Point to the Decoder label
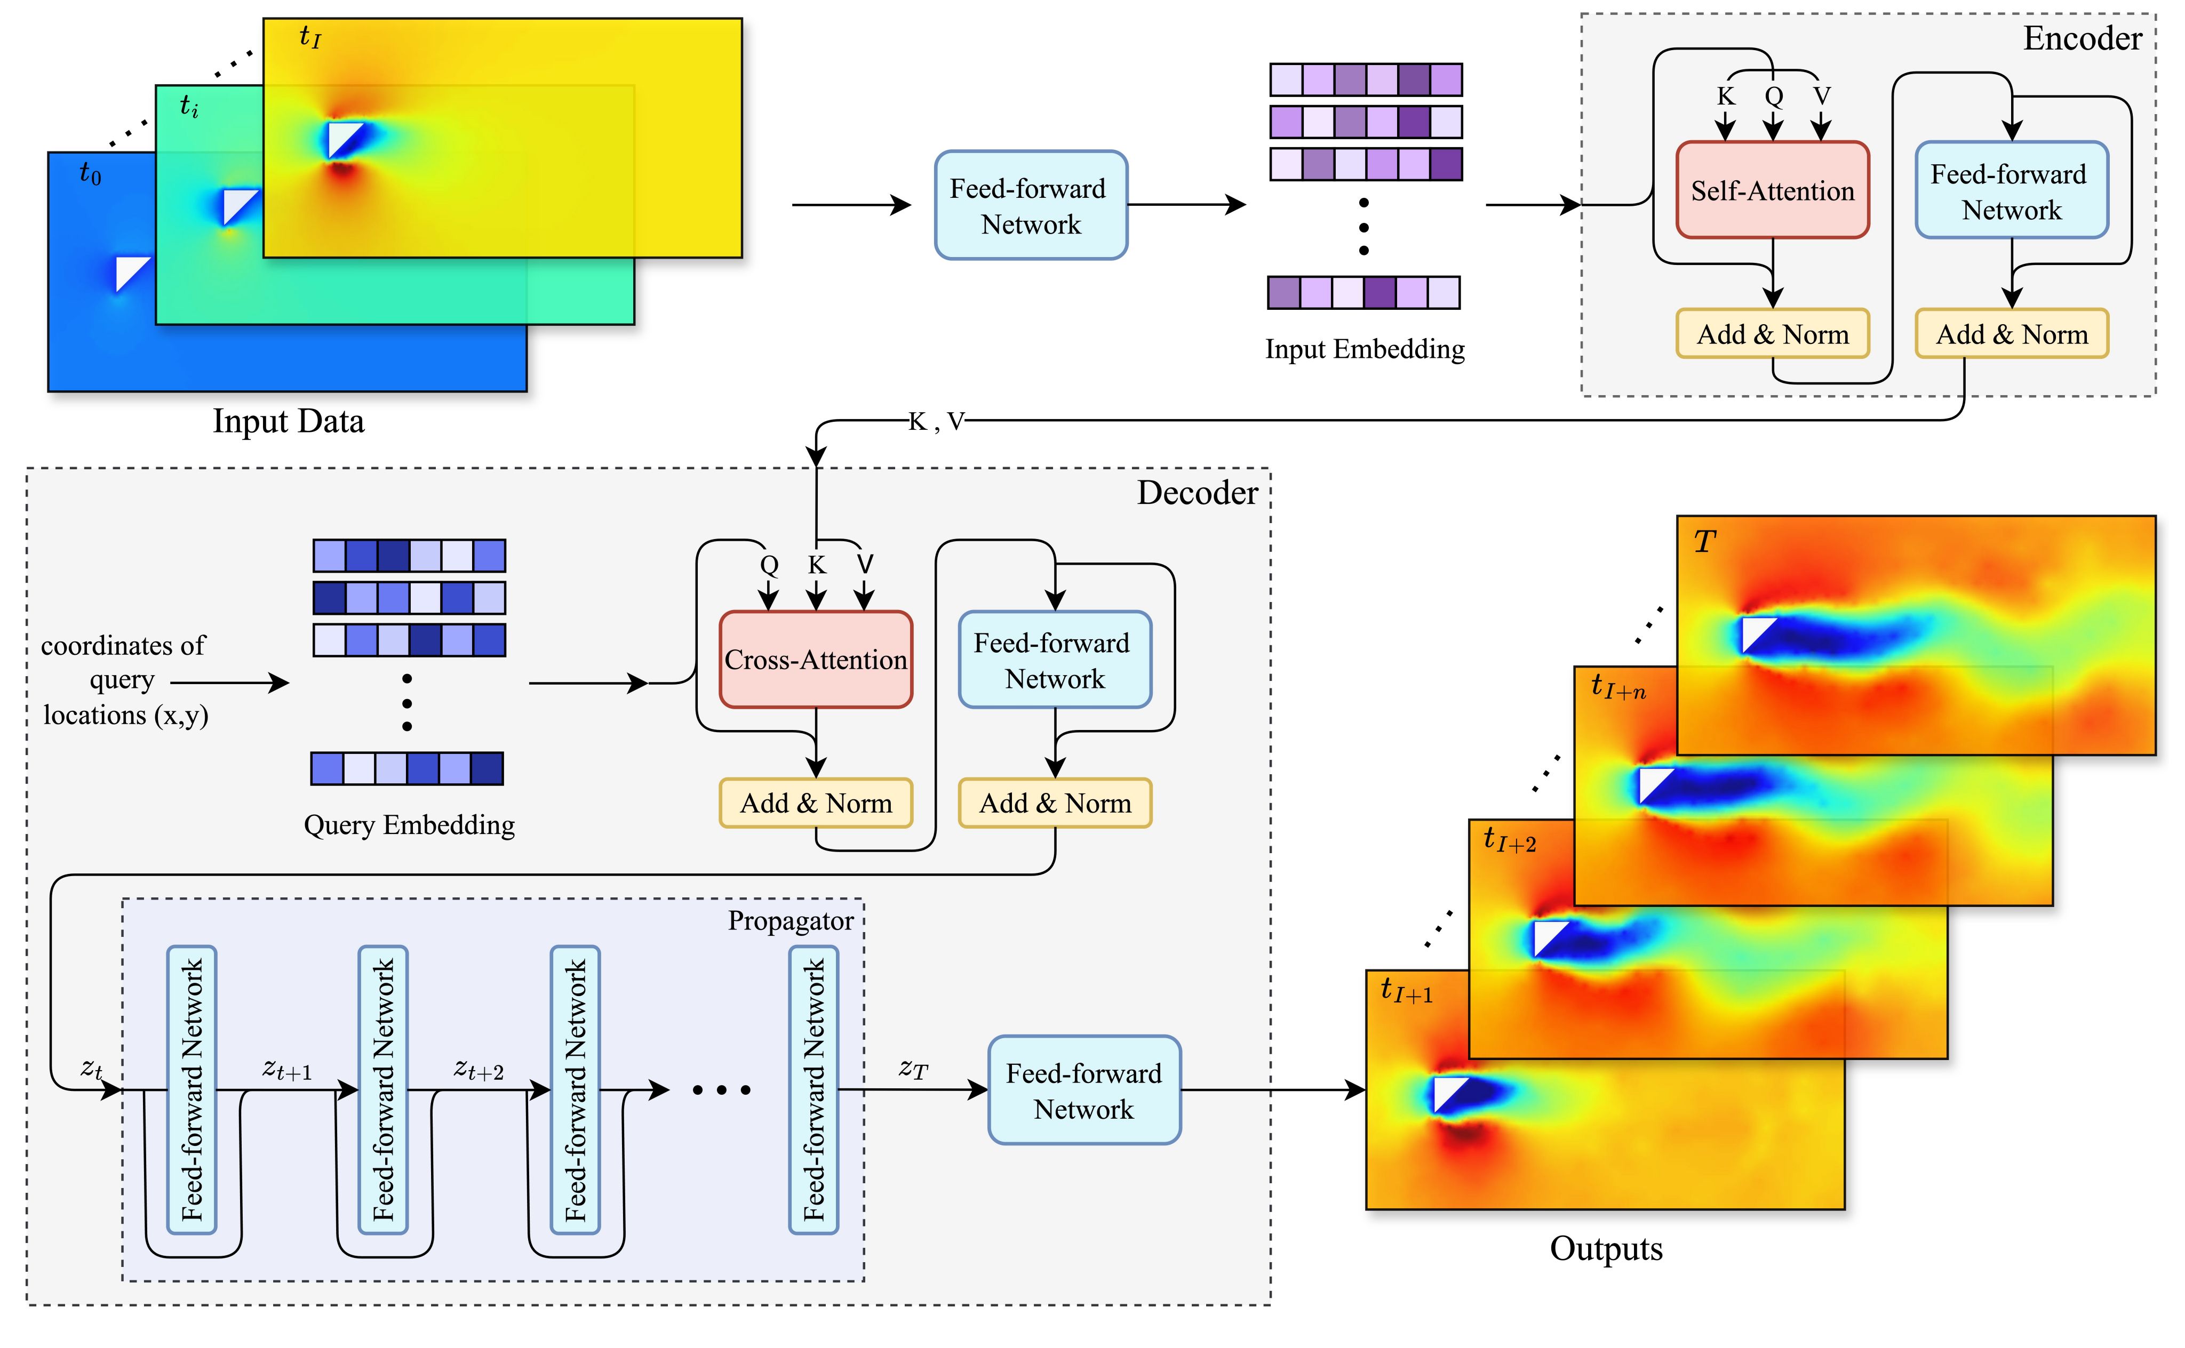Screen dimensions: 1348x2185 coord(1197,493)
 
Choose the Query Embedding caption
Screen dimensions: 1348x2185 coord(409,825)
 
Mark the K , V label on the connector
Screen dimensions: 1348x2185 coord(936,422)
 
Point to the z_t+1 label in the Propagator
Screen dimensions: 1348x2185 coord(287,1069)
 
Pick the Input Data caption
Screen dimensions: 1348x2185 coord(288,421)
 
